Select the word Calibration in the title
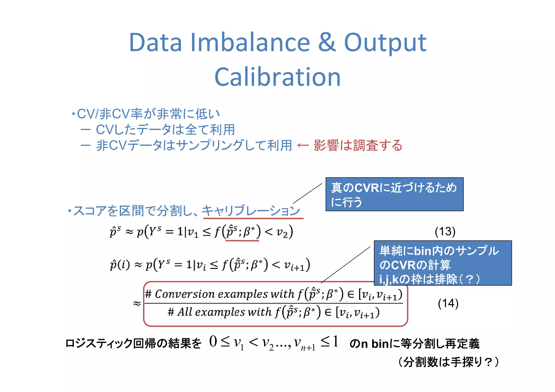[277, 77]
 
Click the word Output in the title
[385, 43]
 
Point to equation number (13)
[445, 232]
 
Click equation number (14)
[448, 303]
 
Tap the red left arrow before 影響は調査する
[303, 146]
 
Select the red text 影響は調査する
[358, 145]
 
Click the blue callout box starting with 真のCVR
[394, 194]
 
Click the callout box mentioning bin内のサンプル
[443, 263]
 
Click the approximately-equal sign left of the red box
[137, 303]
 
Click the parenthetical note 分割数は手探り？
[448, 362]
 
